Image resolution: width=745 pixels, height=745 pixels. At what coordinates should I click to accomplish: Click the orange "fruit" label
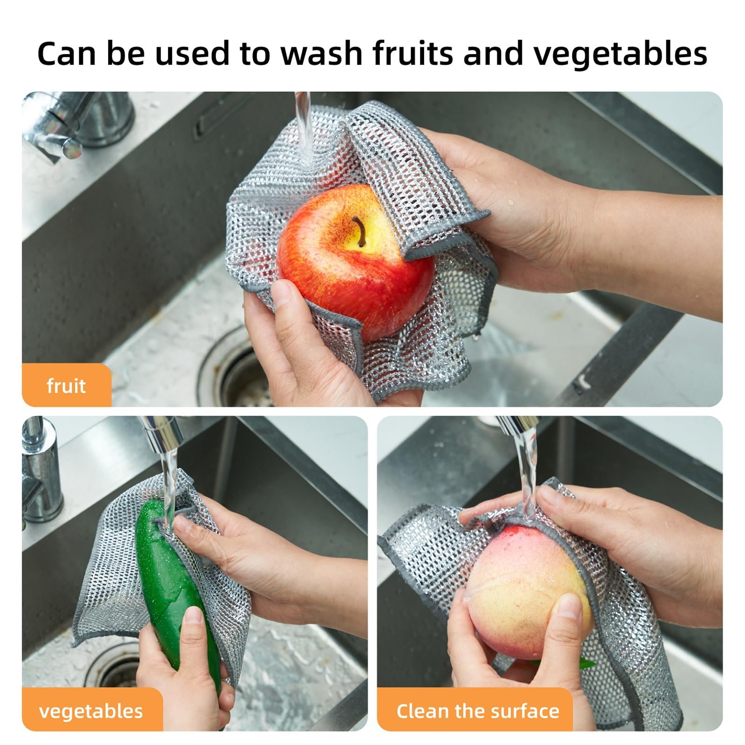[x=66, y=386]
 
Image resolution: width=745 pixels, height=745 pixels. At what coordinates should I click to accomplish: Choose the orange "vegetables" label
[x=91, y=711]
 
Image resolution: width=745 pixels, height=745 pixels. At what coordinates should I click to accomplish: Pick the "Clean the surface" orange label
[x=478, y=711]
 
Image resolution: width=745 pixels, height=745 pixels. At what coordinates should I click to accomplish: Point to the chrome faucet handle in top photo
[x=61, y=135]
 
